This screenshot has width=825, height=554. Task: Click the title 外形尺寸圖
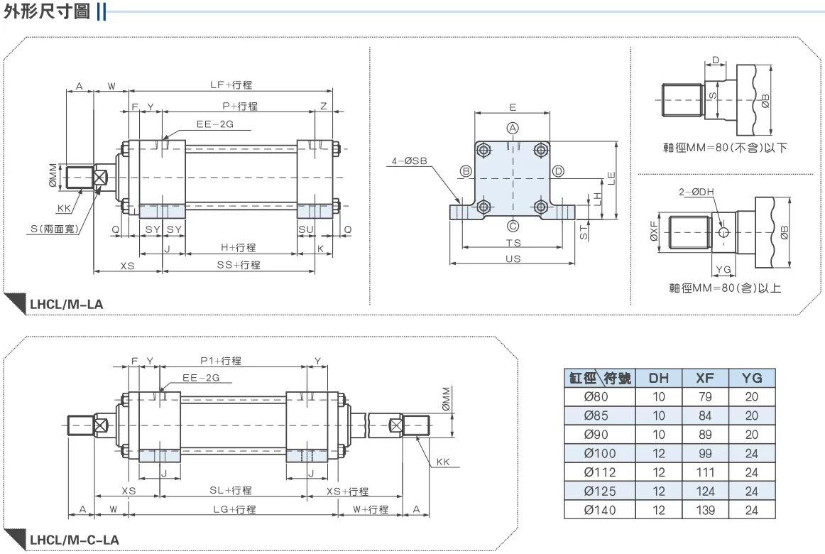[47, 11]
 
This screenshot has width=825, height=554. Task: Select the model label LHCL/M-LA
[66, 304]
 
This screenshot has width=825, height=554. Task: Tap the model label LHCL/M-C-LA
[74, 540]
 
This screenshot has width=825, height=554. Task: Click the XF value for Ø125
[705, 491]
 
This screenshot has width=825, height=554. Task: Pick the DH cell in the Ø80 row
[659, 397]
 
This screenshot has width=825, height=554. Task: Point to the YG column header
[752, 378]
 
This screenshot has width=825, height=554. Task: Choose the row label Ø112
[599, 472]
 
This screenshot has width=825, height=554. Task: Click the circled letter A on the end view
[513, 128]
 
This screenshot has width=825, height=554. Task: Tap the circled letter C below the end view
[513, 227]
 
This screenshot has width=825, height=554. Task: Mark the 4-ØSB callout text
[410, 161]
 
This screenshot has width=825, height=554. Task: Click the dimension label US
[513, 259]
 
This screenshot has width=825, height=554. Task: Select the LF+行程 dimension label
[231, 85]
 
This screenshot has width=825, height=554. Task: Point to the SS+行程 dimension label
[239, 265]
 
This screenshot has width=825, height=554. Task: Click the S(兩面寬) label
[54, 229]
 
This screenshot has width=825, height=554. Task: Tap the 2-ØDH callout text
[696, 192]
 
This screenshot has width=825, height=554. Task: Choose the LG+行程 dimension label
[234, 509]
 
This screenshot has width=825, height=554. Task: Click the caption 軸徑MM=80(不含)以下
[724, 148]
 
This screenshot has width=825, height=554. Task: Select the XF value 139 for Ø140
[705, 511]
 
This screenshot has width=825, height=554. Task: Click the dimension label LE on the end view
[611, 178]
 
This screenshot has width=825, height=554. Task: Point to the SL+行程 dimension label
[231, 490]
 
